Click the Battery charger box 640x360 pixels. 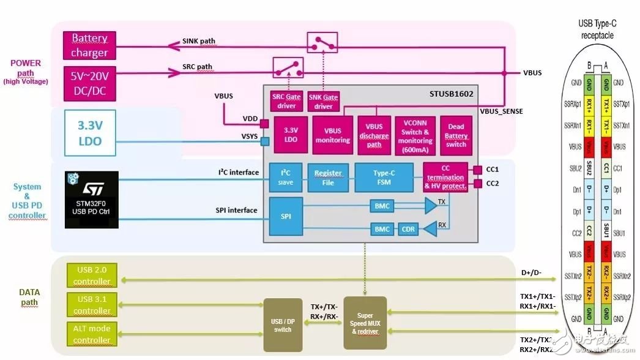(x=90, y=46)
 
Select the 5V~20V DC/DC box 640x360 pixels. (x=90, y=84)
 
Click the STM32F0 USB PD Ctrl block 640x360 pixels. (x=91, y=200)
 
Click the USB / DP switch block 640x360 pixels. (x=283, y=325)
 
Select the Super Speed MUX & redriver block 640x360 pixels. (x=365, y=323)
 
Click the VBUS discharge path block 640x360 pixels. (x=374, y=135)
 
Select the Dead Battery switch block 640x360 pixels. (x=456, y=135)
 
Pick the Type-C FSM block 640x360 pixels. (x=384, y=178)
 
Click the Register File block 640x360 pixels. (x=329, y=178)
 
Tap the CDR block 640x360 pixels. (x=407, y=230)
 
